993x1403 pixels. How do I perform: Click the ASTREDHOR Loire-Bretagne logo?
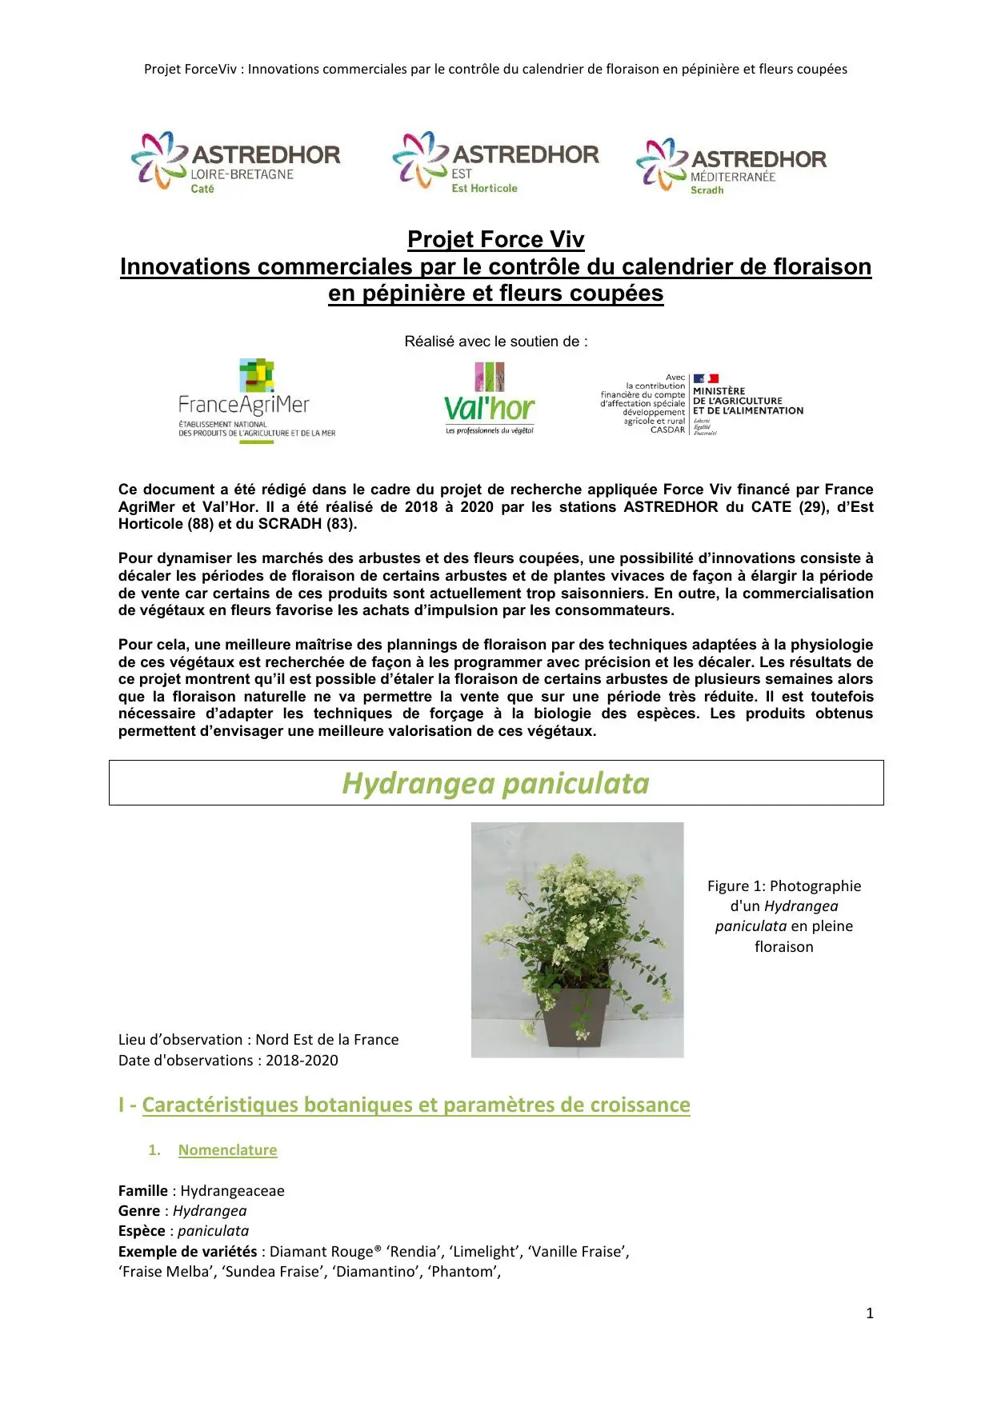click(x=236, y=162)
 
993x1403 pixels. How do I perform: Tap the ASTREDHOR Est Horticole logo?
click(x=495, y=162)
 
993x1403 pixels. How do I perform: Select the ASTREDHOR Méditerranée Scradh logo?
click(x=731, y=166)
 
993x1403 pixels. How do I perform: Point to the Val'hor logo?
click(x=490, y=399)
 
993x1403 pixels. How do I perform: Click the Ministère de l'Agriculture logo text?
click(x=747, y=401)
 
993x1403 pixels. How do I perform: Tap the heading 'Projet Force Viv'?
click(x=495, y=239)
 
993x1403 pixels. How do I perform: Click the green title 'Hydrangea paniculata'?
click(x=495, y=783)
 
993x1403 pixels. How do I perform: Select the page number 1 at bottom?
click(x=870, y=1313)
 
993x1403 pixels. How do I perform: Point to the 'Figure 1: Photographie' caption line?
click(x=783, y=885)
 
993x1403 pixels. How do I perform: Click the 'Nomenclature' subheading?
click(x=227, y=1149)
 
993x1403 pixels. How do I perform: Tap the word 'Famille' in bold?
click(x=143, y=1190)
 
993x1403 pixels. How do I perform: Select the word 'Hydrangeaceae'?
click(x=232, y=1190)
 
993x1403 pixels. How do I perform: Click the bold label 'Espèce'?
click(x=142, y=1230)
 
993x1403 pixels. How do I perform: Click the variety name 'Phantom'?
click(x=463, y=1271)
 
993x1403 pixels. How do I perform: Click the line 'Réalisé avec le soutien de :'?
click(x=495, y=342)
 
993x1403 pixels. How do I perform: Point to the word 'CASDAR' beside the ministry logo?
click(x=667, y=430)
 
